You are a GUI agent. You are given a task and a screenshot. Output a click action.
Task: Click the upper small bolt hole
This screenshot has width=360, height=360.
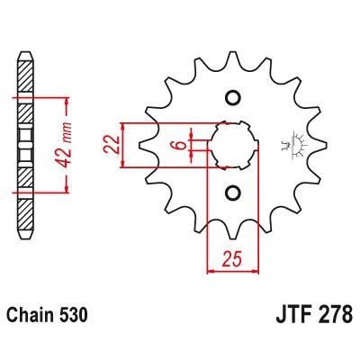click(x=233, y=97)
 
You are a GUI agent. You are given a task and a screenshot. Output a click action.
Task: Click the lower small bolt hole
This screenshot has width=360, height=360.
click(x=233, y=193)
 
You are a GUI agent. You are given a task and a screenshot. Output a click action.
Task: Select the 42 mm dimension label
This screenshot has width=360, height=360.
click(x=64, y=145)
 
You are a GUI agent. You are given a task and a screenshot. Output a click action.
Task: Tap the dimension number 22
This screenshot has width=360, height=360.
click(x=112, y=145)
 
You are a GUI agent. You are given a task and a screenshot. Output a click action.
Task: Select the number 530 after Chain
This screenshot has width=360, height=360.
click(x=71, y=315)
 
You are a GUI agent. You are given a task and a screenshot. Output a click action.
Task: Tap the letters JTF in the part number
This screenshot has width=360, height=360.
click(x=292, y=314)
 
